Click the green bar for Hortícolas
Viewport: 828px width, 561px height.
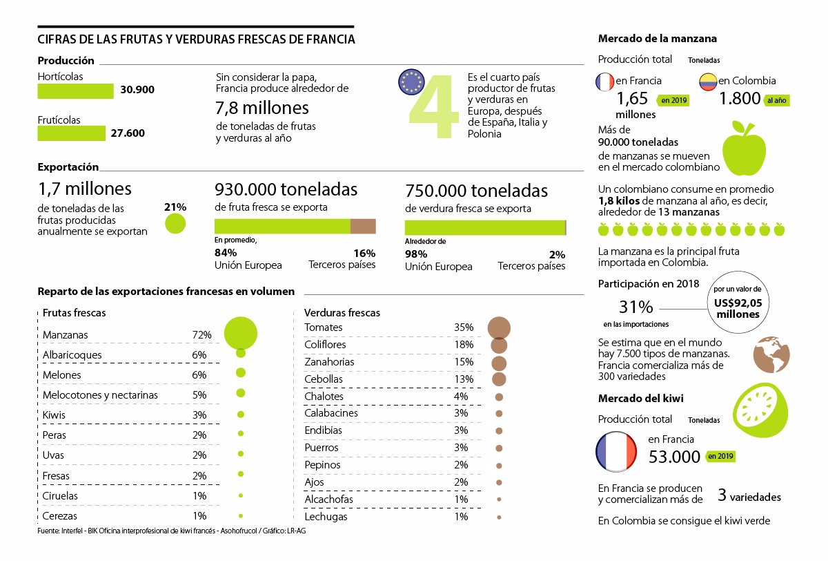75,91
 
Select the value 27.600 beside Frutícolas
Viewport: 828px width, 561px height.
128,133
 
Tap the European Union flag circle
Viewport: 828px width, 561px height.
411,82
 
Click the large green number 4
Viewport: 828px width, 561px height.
433,106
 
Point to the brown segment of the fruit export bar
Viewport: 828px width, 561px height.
363,226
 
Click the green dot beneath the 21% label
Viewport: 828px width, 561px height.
175,224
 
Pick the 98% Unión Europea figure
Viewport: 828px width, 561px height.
416,254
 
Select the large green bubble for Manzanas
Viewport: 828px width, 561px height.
241,333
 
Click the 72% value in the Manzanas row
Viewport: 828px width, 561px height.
201,335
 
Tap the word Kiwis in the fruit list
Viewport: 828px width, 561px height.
54,415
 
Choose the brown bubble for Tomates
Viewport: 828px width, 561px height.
499,328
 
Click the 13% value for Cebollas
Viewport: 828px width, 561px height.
464,379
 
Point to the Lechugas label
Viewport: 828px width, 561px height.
326,517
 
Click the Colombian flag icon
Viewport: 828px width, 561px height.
708,82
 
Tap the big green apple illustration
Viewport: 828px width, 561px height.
744,148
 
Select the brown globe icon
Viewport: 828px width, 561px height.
771,354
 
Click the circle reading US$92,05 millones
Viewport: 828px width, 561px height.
738,302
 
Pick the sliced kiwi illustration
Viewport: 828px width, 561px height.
760,410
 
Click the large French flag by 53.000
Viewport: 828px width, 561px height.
616,452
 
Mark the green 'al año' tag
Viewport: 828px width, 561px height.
777,100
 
